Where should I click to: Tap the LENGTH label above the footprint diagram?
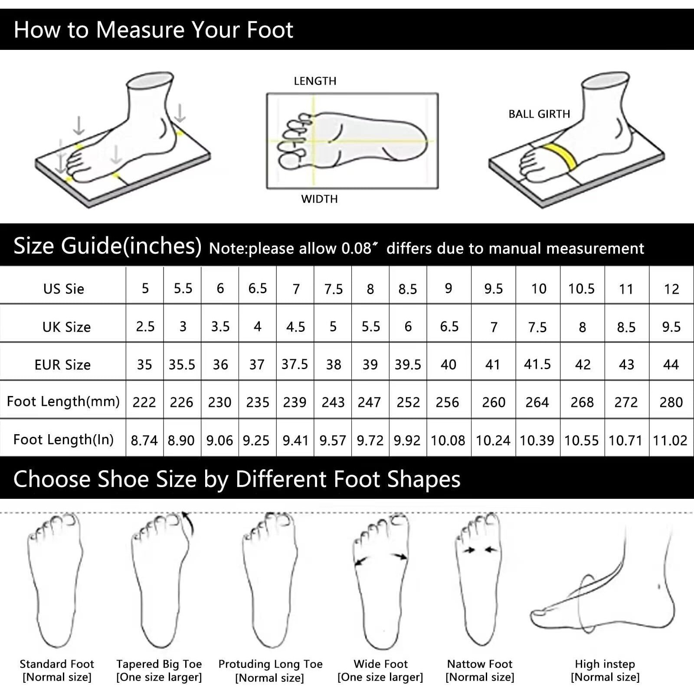point(315,81)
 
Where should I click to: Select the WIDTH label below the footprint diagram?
point(319,199)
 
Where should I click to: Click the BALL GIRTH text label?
point(539,114)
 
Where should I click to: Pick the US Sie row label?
point(63,289)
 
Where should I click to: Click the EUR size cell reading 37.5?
point(295,364)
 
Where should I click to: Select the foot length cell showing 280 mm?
point(671,403)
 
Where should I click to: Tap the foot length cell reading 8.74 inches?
point(144,441)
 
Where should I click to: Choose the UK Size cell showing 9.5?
point(671,327)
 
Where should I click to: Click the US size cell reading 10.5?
point(581,289)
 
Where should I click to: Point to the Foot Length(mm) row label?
point(63,402)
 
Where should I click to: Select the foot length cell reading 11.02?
point(670,441)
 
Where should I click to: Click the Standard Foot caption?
point(57,664)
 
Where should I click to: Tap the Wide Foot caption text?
point(380,664)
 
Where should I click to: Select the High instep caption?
point(605,664)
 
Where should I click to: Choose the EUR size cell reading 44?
point(671,364)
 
